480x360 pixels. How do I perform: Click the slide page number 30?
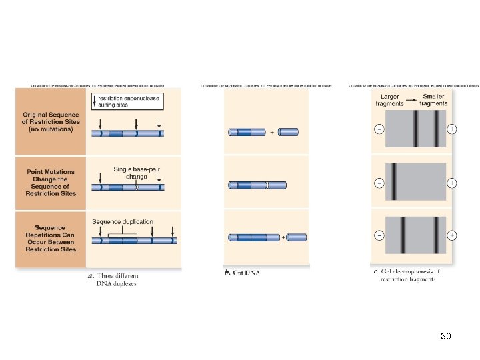pos(446,337)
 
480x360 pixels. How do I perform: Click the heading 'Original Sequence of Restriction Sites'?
pos(51,122)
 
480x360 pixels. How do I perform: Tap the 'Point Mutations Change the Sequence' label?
pos(51,183)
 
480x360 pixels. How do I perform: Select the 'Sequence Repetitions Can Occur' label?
pos(51,238)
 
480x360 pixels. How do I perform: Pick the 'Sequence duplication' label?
pos(122,222)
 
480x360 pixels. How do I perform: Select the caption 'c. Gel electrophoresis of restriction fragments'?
pos(407,275)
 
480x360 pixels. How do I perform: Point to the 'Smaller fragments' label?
pos(433,100)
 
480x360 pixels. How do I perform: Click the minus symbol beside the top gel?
pos(379,129)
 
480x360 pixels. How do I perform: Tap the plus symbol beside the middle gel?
pos(452,183)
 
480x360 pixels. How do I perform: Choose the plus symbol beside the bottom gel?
pos(452,235)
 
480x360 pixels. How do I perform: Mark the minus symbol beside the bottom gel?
pos(379,235)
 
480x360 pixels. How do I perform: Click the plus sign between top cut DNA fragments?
pos(272,132)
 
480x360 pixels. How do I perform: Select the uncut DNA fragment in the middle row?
pos(257,185)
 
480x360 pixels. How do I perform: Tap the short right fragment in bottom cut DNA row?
pos(297,237)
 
